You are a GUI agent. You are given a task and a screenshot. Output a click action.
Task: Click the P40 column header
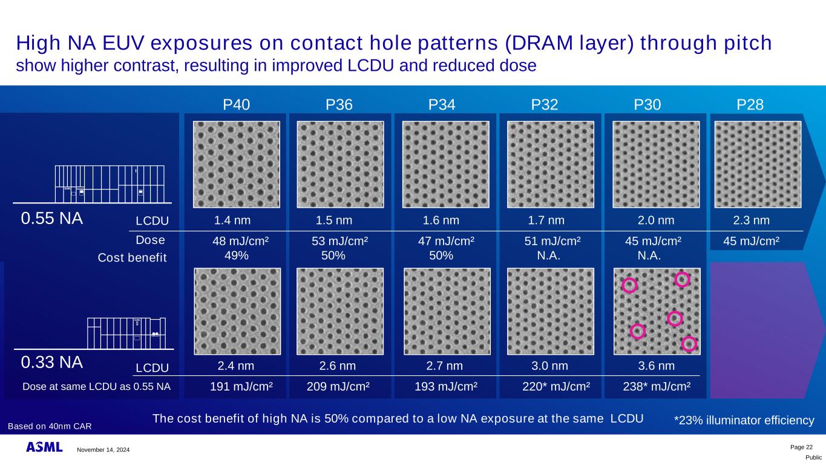(x=236, y=105)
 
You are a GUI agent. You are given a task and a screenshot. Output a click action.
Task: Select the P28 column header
(x=750, y=105)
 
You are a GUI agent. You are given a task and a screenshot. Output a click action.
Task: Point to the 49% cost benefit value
(x=236, y=255)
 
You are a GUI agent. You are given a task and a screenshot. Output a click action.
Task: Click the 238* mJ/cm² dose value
(x=657, y=386)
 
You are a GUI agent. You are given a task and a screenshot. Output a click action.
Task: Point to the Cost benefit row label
(x=132, y=258)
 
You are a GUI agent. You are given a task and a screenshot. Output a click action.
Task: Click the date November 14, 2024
(x=103, y=450)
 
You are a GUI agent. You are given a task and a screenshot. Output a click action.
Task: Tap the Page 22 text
(x=802, y=447)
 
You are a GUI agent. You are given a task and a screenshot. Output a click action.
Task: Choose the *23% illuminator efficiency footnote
(x=744, y=420)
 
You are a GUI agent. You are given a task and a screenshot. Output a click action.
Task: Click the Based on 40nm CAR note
(x=50, y=426)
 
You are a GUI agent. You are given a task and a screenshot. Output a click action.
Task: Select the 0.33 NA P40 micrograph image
(x=237, y=311)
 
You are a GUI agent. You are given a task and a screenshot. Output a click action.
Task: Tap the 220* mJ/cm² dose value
(x=556, y=386)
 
